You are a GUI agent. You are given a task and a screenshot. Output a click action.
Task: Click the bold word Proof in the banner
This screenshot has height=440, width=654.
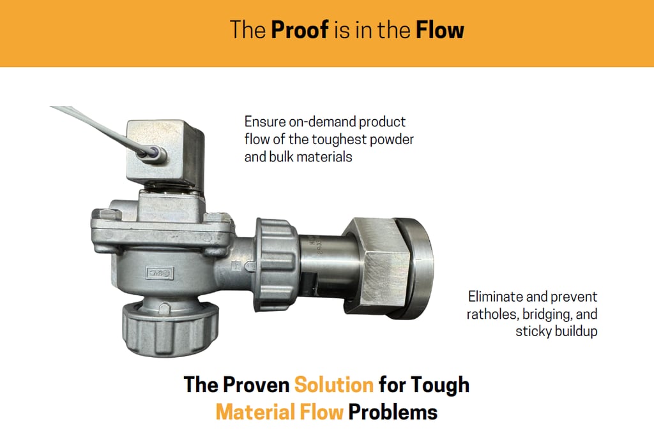pos(300,30)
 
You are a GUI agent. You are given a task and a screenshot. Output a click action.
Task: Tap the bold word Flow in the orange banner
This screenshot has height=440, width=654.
pos(439,30)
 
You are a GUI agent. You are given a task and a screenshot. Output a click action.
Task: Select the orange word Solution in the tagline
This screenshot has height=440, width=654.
pos(333,385)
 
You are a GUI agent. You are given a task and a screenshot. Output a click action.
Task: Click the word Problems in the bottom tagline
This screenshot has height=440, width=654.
pos(393,412)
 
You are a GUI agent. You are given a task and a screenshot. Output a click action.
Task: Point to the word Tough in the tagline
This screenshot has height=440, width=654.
pos(440,385)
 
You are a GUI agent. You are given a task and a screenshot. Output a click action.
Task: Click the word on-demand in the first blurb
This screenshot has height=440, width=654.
pos(323,122)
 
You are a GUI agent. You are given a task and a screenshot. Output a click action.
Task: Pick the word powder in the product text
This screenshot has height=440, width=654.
pos(392,140)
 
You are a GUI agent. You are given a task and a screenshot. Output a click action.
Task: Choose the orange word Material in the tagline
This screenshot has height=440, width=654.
pos(255,412)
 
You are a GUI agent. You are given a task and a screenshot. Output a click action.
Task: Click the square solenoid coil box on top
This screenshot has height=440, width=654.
pos(165,152)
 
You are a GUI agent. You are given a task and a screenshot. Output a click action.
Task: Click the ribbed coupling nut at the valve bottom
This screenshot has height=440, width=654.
pos(170,329)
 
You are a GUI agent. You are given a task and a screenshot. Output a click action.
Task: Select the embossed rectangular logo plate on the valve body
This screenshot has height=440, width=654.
pos(160,273)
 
